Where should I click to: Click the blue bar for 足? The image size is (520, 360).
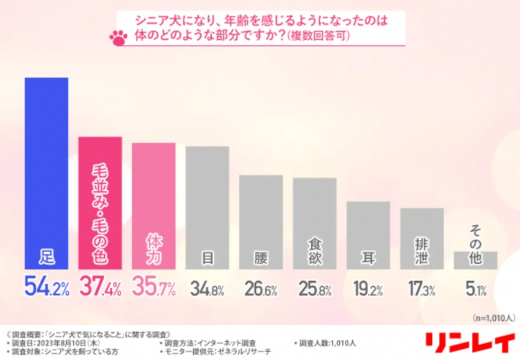[47, 173]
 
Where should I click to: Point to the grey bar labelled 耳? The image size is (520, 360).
[368, 235]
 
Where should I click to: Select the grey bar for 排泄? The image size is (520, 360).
[422, 238]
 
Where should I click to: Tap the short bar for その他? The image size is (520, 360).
[475, 260]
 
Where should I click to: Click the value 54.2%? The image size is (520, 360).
[47, 286]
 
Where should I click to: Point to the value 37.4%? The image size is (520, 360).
[100, 286]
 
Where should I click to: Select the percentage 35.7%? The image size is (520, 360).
[153, 286]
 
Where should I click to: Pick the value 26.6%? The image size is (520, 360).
[261, 287]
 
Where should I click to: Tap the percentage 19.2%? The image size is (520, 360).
[368, 287]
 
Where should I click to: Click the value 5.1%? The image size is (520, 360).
[475, 287]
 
